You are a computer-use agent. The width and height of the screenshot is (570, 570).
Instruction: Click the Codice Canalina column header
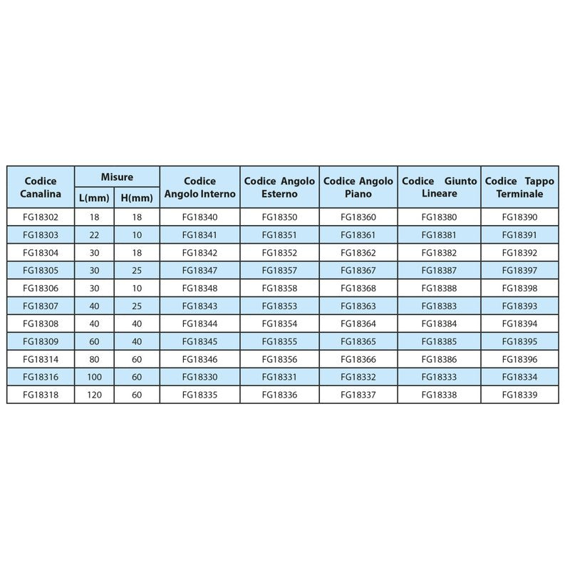coord(41,187)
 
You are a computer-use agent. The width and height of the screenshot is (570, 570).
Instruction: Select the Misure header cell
coord(117,177)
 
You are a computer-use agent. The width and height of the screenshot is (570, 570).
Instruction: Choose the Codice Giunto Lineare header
coord(440,187)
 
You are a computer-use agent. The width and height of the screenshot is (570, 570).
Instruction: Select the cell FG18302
coord(41,217)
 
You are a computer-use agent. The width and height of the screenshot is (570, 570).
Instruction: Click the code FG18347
coord(199,270)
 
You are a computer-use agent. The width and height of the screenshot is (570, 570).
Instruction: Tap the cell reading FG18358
coord(279,288)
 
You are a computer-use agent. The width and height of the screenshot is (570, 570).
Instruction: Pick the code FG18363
coord(359,306)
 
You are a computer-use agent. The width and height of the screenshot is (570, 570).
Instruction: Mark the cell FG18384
coord(440,323)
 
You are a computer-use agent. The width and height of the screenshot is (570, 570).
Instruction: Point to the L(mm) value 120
coord(94,394)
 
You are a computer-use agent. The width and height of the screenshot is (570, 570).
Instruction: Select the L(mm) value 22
coord(94,234)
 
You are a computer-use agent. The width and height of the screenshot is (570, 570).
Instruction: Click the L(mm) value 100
coord(94,376)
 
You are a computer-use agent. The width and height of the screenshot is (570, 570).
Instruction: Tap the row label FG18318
coord(41,394)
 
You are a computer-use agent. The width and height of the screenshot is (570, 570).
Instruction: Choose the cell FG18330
coord(199,376)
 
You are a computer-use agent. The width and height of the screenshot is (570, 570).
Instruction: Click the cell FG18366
coord(359,358)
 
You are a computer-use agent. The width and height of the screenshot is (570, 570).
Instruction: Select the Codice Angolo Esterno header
coord(279,187)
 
